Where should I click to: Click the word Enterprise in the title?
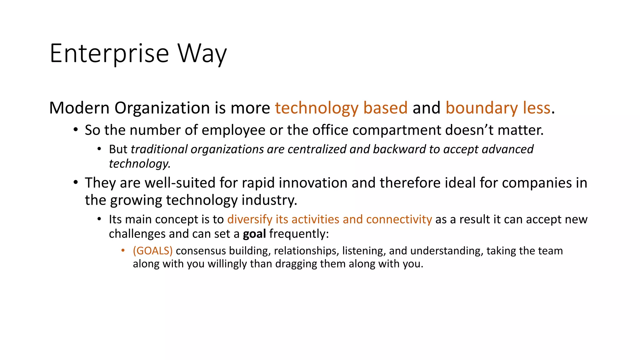[x=109, y=54]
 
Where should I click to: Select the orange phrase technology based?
[x=341, y=108]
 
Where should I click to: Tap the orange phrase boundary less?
[x=497, y=108]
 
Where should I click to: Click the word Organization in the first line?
[x=162, y=108]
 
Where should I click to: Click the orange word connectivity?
[x=399, y=219]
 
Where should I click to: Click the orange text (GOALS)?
[x=152, y=251]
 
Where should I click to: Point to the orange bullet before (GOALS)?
[x=123, y=251]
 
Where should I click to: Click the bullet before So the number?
[x=75, y=130]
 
